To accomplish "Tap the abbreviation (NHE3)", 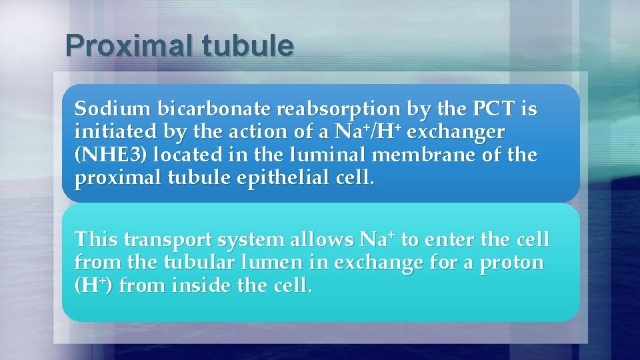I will click(x=111, y=155).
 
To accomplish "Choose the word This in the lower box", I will click(x=97, y=239).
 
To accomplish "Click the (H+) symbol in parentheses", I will click(x=94, y=287).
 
